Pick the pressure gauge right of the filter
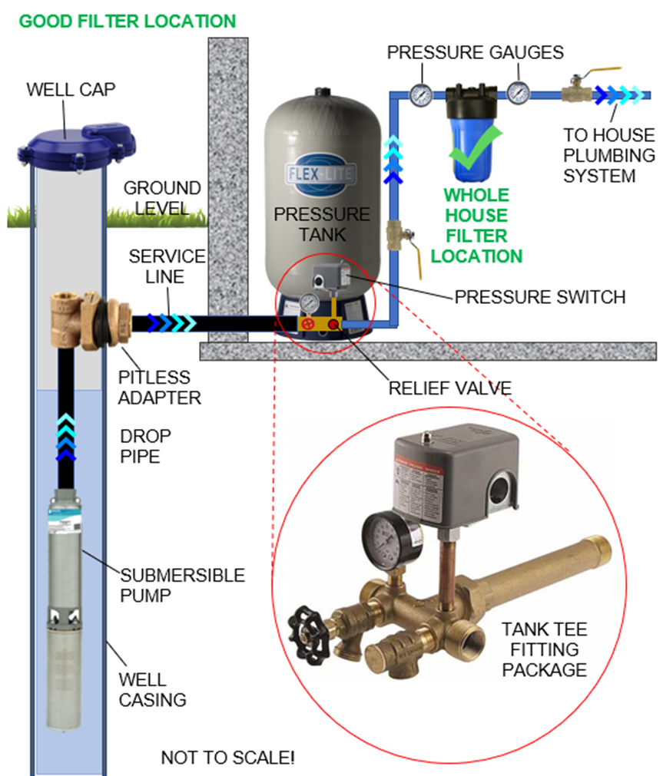tap(519, 92)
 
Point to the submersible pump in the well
tap(68, 606)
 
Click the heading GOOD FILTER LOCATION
tap(127, 21)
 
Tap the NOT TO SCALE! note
tap(227, 758)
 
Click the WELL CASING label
tap(152, 689)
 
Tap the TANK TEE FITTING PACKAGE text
tap(544, 649)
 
